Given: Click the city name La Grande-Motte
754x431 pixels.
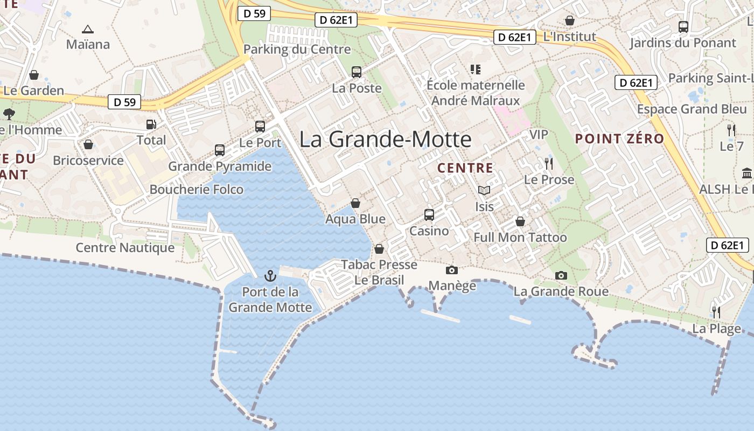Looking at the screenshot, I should coord(385,140).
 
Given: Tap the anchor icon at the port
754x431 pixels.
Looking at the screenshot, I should coord(270,276).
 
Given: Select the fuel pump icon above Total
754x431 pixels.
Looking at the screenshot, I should coord(151,124).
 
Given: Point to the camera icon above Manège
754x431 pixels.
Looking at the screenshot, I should coord(452,270).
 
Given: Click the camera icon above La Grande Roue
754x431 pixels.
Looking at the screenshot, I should coord(561,275).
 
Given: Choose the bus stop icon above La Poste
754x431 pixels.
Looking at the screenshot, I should coord(356,72).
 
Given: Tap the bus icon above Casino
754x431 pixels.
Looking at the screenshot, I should coord(429,214).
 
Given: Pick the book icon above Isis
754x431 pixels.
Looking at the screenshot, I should coord(484,190).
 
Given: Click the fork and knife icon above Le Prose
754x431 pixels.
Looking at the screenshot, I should coord(549,164).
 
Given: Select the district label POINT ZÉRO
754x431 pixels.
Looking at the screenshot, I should coord(619,139).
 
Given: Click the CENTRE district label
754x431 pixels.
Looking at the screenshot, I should coord(465,168).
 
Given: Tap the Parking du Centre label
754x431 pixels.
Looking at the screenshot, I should coord(297,50).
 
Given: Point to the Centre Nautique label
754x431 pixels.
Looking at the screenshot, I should coord(125,248).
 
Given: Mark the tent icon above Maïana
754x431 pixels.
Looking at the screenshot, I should coord(88,29).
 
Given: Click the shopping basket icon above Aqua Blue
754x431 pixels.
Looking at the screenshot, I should coord(355,203).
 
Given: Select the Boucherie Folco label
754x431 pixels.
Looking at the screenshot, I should coord(196,190).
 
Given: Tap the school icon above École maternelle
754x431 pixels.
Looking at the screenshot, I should coord(475,69).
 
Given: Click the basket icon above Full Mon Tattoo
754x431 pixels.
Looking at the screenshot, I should coord(520,221).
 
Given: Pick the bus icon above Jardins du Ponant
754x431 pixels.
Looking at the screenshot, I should coord(683,26).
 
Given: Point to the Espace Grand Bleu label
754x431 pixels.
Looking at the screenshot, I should coord(692,109).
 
